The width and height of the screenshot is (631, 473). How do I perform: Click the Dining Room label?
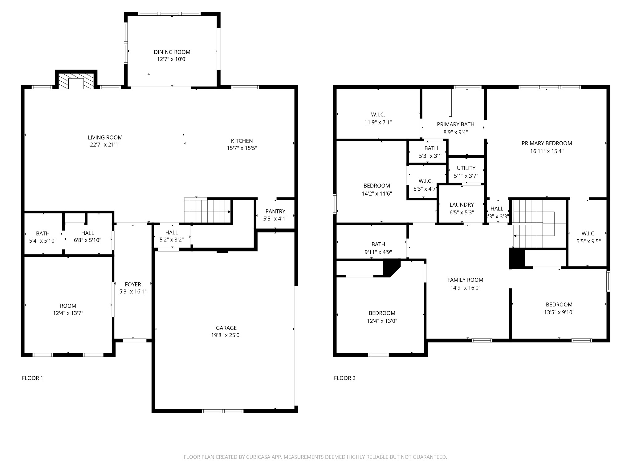[x=172, y=52]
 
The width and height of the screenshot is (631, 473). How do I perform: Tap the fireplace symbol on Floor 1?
[x=76, y=81]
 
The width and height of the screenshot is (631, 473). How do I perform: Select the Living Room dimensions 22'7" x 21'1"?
[x=105, y=145]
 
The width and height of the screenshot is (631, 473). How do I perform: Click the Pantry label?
[x=275, y=212]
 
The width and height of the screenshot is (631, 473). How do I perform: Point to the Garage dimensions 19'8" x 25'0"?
[x=226, y=335]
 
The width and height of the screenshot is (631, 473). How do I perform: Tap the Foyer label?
[x=133, y=285]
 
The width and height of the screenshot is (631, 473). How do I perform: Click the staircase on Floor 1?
[x=207, y=211]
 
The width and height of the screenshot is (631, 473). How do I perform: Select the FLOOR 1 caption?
[x=33, y=378]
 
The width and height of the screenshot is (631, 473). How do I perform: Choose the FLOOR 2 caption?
[x=344, y=378]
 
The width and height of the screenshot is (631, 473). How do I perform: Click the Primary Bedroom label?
[x=547, y=144]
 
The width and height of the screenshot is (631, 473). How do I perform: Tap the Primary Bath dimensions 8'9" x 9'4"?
[x=455, y=132]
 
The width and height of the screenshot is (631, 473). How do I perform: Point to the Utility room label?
[x=466, y=168]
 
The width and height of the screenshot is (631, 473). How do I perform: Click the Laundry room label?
[x=462, y=205]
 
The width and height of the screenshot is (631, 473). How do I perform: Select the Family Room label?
[x=465, y=280]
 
